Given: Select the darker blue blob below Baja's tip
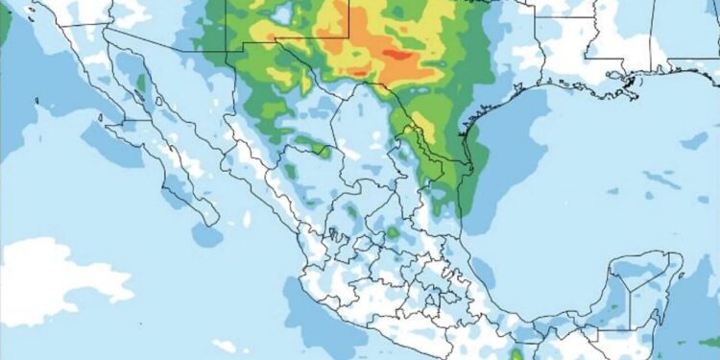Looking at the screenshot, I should (205, 235).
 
